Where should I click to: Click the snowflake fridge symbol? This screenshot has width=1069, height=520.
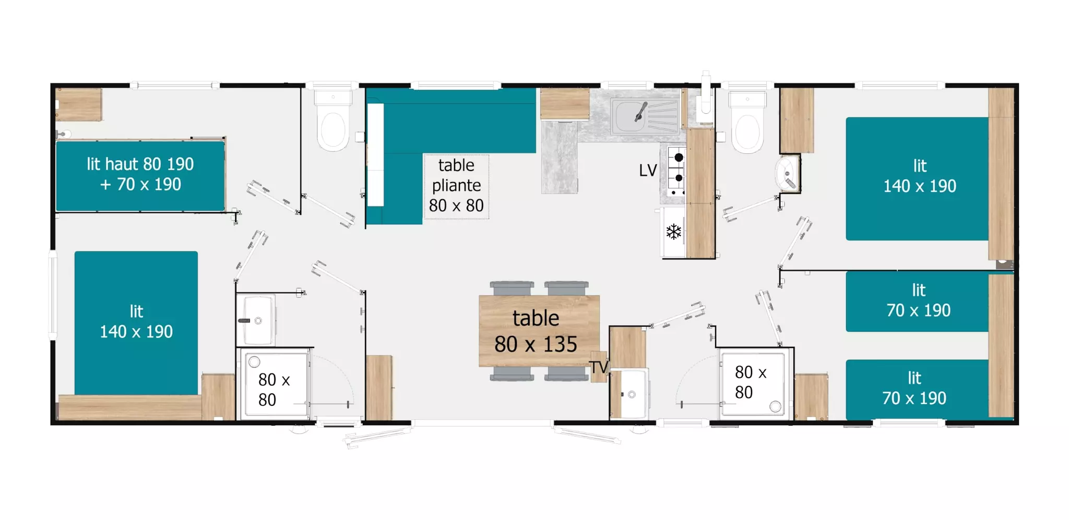(x=674, y=232)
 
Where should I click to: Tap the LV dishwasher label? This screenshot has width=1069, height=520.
(x=648, y=170)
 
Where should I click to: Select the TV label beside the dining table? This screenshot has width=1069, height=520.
(x=599, y=367)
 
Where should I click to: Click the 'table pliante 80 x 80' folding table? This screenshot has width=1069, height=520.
(x=456, y=186)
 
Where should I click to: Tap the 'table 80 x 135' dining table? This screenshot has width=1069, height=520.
(x=539, y=331)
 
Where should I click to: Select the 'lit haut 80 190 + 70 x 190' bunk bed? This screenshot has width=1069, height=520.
(x=140, y=175)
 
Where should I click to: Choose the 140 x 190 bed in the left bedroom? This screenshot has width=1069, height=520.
(x=136, y=323)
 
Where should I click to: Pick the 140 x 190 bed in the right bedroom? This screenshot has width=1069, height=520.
(x=917, y=178)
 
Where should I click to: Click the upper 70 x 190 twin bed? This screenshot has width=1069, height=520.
(x=917, y=301)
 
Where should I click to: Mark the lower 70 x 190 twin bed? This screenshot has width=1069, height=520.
(x=917, y=389)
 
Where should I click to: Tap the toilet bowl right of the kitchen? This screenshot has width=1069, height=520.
(x=747, y=123)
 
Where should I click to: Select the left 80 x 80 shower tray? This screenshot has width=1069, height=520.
(x=275, y=385)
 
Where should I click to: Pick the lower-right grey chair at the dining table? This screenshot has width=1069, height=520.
(x=567, y=373)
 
